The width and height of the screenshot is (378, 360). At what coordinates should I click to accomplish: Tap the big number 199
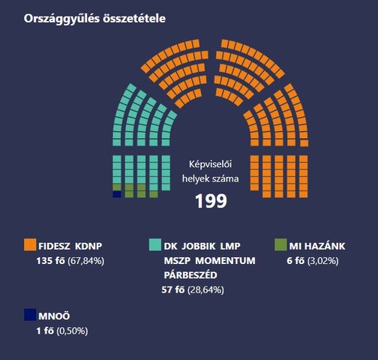[x=210, y=201]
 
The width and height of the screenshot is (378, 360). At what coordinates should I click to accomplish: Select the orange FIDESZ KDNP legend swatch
[x=30, y=245]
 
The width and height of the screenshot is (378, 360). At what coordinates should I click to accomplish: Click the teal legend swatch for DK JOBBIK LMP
[x=155, y=245]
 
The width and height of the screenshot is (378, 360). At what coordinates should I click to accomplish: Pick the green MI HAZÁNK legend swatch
[x=280, y=245]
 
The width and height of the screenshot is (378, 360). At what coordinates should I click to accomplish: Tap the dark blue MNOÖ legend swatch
[x=30, y=315]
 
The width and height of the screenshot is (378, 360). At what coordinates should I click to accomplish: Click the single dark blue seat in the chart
[x=116, y=194]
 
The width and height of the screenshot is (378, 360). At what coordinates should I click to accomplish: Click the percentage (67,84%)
[x=85, y=261]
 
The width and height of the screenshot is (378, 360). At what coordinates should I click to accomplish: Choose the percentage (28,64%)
[x=208, y=289]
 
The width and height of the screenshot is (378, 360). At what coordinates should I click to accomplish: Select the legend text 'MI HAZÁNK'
[x=321, y=245]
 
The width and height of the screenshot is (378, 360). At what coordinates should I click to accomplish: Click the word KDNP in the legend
[x=89, y=245]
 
